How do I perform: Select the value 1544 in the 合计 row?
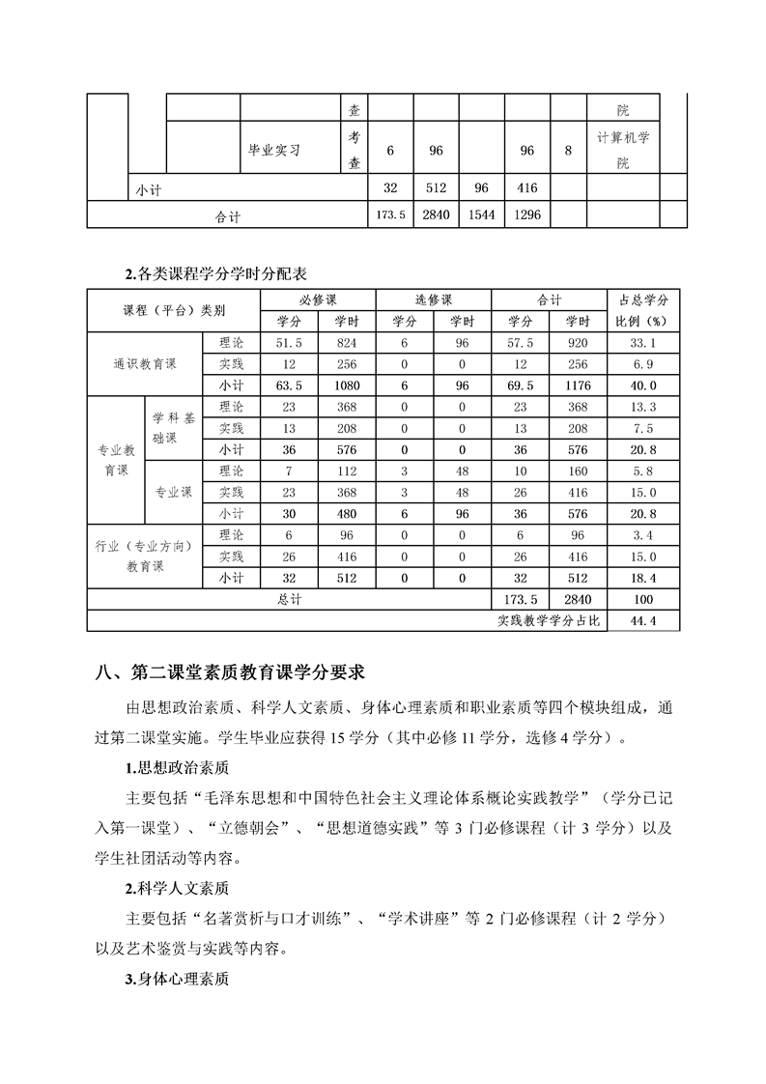pyautogui.click(x=481, y=214)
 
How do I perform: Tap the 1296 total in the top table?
pyautogui.click(x=526, y=214)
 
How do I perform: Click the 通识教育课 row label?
pyautogui.click(x=145, y=364)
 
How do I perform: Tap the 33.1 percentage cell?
pyautogui.click(x=643, y=343)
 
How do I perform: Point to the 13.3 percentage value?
pyautogui.click(x=643, y=407)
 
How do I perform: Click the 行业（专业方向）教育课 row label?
pyautogui.click(x=145, y=556)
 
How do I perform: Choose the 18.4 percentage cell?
pyautogui.click(x=643, y=578)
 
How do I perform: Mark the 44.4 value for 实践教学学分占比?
pyautogui.click(x=643, y=620)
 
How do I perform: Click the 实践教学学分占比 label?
pyautogui.click(x=547, y=620)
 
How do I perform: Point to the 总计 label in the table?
pyautogui.click(x=289, y=599)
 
